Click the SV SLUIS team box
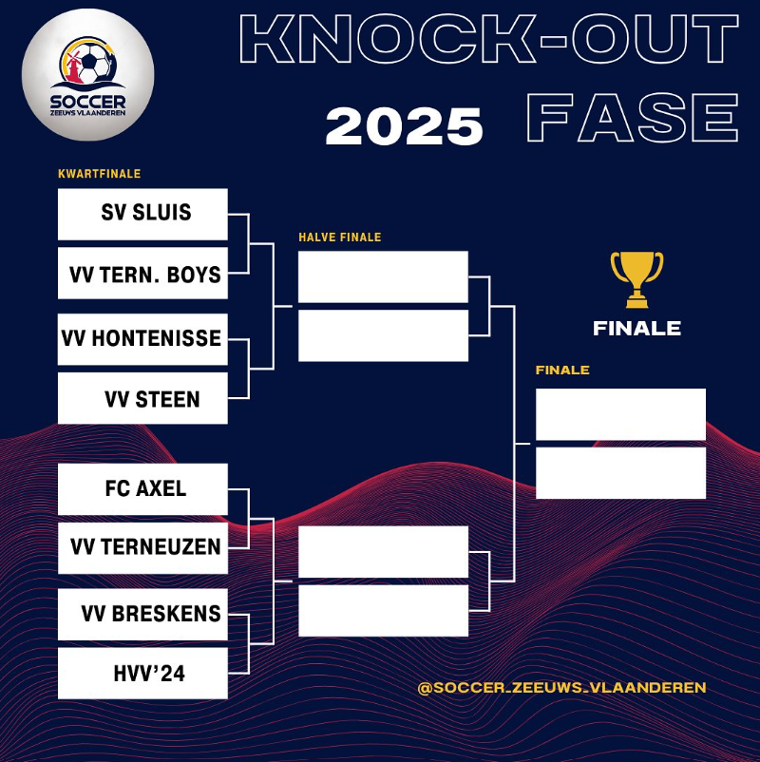[142, 214]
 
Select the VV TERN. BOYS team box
[142, 274]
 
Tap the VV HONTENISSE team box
[142, 339]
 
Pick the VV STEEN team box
[142, 398]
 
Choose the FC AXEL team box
[142, 488]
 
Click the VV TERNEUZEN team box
[142, 547]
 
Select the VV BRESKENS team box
[142, 614]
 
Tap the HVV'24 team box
[142, 674]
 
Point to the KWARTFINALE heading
[99, 174]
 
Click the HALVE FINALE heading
[339, 238]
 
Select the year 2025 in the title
[404, 126]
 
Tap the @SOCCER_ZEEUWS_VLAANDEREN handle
[561, 687]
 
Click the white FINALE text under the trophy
[636, 329]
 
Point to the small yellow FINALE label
[562, 371]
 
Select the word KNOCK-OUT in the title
[489, 40]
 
